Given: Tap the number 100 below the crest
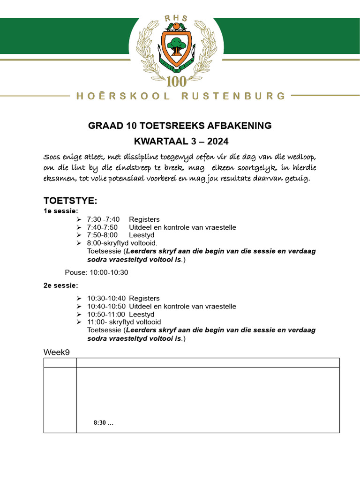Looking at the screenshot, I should coord(176,82).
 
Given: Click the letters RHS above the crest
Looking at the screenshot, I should coord(176,18).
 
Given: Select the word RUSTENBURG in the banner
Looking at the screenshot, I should coord(233,96).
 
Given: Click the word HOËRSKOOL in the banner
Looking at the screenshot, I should coord(119,96).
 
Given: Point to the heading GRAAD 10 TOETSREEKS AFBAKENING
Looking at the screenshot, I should coord(180,126).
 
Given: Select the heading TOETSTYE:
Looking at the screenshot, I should coord(70,201).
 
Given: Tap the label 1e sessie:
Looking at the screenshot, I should coord(61,211).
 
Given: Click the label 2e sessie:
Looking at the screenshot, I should coord(61,285).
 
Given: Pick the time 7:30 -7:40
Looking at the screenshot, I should coord(103,219).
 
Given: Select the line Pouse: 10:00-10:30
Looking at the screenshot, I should coord(97,272).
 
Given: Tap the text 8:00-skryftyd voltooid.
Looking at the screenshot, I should coord(122,243).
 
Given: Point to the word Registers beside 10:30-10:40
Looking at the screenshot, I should coord(144,298).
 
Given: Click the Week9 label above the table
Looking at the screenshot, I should coord(57,352).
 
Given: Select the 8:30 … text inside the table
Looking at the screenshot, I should coord(104,422).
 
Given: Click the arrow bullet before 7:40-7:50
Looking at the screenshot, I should coord(79,227).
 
